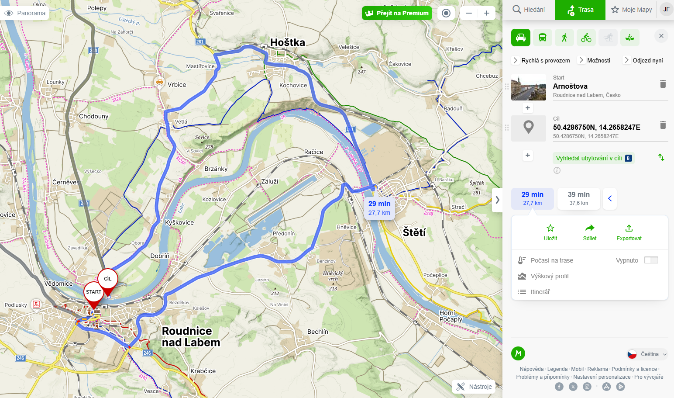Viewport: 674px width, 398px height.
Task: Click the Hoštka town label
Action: [287, 42]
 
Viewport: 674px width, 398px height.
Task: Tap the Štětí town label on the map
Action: [414, 232]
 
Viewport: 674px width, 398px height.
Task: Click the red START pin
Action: [93, 293]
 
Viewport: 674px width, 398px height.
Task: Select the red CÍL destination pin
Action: [108, 280]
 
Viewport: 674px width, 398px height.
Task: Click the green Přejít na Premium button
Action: [397, 13]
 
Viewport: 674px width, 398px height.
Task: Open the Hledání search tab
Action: [529, 10]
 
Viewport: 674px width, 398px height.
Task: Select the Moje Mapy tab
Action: [631, 10]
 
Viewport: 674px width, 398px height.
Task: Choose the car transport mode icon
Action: [521, 38]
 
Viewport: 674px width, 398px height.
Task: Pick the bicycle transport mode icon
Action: [586, 38]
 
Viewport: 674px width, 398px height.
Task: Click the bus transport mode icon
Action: [543, 38]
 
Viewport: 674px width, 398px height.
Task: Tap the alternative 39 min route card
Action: [578, 198]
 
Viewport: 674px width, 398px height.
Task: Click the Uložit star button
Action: [550, 232]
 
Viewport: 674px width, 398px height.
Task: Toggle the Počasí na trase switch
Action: [651, 260]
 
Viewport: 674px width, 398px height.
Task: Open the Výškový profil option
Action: [549, 276]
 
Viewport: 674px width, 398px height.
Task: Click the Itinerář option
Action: [540, 292]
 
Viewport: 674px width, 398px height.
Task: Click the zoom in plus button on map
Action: [487, 13]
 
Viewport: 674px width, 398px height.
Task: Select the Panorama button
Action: [25, 13]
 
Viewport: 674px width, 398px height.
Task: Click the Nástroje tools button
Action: [474, 387]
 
